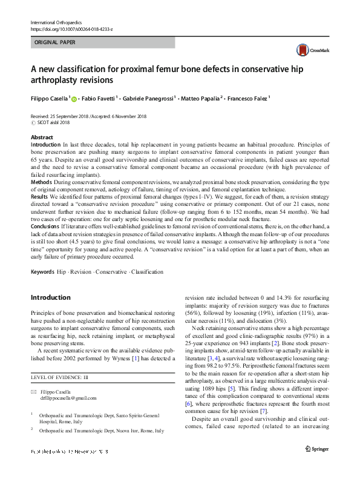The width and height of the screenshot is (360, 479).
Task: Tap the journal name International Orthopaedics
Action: click(55, 22)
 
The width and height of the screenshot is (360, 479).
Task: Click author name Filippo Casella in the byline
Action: click(51, 97)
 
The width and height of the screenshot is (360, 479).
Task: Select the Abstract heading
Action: click(42, 137)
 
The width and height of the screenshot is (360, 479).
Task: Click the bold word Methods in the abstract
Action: click(41, 181)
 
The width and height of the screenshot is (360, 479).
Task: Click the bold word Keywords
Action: click(42, 272)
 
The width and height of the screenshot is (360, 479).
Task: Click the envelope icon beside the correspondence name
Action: click(34, 391)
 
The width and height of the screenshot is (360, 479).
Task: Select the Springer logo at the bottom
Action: click(317, 465)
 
